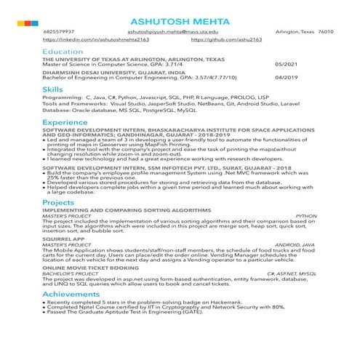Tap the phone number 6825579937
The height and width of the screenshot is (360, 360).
coord(59,33)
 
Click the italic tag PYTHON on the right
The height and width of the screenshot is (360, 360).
coord(306,216)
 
